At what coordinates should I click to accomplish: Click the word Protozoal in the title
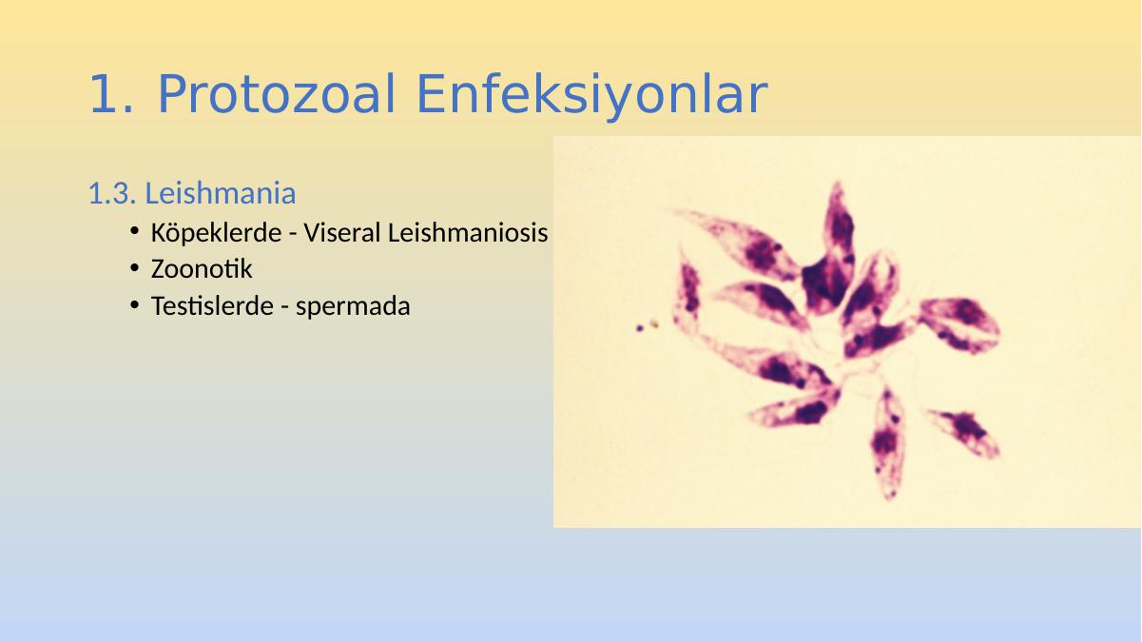pos(277,94)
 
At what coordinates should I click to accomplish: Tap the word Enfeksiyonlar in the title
pos(591,96)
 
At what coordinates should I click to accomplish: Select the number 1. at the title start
pos(111,94)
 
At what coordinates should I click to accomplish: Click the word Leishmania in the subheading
pos(221,193)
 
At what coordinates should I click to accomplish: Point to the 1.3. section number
pos(112,193)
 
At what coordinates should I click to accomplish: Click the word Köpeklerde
pos(216,232)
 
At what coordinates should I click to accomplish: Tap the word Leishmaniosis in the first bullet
pos(468,232)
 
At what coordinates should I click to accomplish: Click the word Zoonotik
pos(202,269)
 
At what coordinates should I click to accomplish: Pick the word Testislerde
pos(212,306)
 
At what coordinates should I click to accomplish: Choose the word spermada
pos(353,307)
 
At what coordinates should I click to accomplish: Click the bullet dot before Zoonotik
pos(135,268)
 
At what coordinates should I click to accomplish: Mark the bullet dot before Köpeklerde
pos(135,231)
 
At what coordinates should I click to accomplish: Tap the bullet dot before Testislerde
pos(135,305)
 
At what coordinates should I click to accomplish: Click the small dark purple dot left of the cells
pos(640,328)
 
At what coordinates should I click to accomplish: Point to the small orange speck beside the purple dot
pos(654,324)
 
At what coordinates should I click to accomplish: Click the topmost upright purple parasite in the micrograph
pos(829,250)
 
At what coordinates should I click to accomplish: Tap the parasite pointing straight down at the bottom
pos(887,442)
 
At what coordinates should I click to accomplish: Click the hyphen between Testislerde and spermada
pos(284,307)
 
